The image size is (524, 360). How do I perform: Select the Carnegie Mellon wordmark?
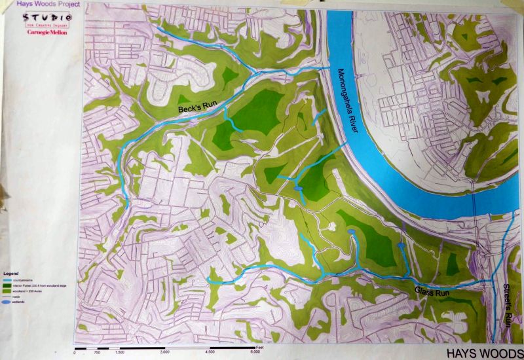47,31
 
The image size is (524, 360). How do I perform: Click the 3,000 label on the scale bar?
165,352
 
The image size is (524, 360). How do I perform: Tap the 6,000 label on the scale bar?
254,352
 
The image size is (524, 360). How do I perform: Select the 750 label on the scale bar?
97,352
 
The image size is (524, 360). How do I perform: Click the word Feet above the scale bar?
259,345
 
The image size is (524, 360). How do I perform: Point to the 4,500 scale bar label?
210,352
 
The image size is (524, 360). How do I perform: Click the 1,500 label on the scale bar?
119,352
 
